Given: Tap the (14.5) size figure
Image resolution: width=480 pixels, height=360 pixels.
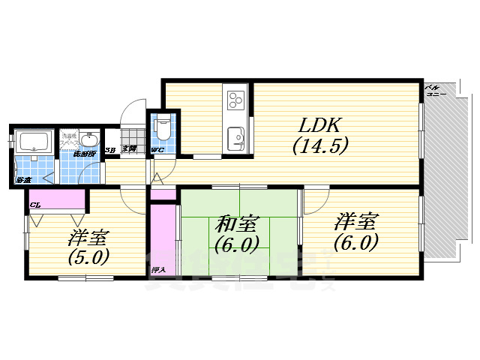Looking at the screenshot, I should pos(320,146).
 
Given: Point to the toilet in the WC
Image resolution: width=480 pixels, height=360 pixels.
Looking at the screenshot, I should pos(163,129).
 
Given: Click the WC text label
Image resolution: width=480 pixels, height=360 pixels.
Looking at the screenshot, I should pos(158,151).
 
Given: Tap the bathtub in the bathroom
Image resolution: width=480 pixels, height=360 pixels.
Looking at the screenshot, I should pos(32,142).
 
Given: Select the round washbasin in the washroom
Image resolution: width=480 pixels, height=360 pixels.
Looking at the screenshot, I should pos(90,140).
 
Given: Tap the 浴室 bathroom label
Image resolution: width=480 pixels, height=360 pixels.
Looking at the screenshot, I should pos(22,180).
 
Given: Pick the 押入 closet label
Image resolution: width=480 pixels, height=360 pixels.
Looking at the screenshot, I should pos(158,268).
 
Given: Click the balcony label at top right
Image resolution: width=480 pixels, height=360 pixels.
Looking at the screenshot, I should pos(434,91).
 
